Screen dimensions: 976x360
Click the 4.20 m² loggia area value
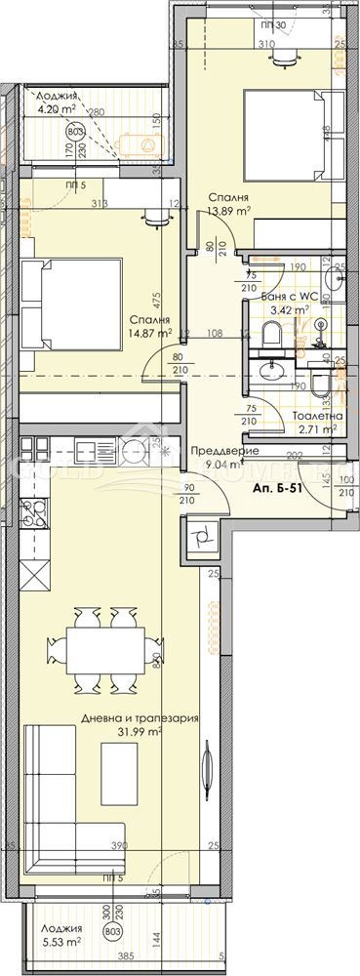point(58,110)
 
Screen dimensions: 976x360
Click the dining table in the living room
point(101,648)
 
